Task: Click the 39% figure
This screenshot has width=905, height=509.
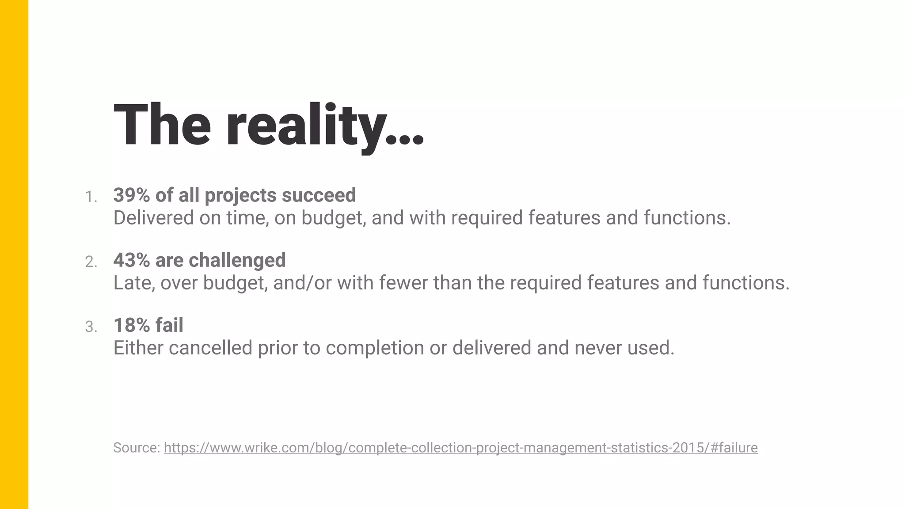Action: (131, 195)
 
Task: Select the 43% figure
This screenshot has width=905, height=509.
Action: (131, 260)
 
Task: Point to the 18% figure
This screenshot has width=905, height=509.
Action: (131, 325)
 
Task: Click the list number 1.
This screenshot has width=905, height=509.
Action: (91, 197)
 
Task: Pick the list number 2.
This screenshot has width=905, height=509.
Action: (91, 262)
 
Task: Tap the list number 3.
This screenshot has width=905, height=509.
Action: (91, 327)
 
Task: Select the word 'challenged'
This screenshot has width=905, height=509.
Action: (237, 260)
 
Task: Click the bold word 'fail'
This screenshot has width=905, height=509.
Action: (170, 325)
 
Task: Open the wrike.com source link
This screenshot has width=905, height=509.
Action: (460, 448)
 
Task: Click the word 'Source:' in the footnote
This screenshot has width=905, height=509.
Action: (137, 448)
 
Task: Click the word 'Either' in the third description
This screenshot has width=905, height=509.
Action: (138, 348)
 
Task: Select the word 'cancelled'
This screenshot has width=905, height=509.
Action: (210, 348)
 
